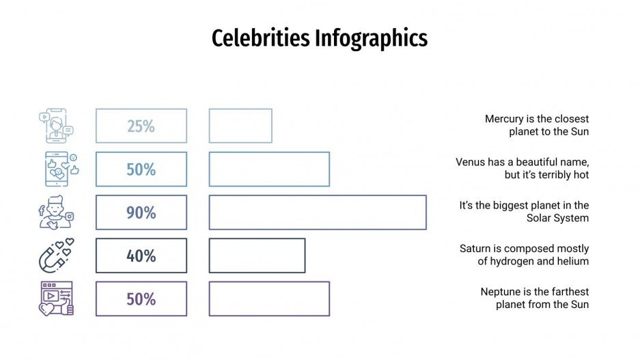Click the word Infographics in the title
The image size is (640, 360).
(x=371, y=38)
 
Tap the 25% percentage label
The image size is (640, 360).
(x=141, y=126)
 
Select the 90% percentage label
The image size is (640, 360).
(x=141, y=212)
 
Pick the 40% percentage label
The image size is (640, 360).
(x=141, y=256)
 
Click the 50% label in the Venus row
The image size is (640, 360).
(x=141, y=169)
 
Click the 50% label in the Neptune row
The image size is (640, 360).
(x=141, y=299)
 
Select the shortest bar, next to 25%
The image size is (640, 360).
(x=240, y=126)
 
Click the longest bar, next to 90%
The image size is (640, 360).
(x=318, y=212)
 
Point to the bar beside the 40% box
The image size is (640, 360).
(x=257, y=255)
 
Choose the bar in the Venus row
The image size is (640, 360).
(x=269, y=169)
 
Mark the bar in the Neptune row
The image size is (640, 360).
(x=269, y=299)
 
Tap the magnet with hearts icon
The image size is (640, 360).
(x=55, y=255)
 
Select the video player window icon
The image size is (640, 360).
(x=56, y=299)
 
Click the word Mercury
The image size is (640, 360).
(x=504, y=119)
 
